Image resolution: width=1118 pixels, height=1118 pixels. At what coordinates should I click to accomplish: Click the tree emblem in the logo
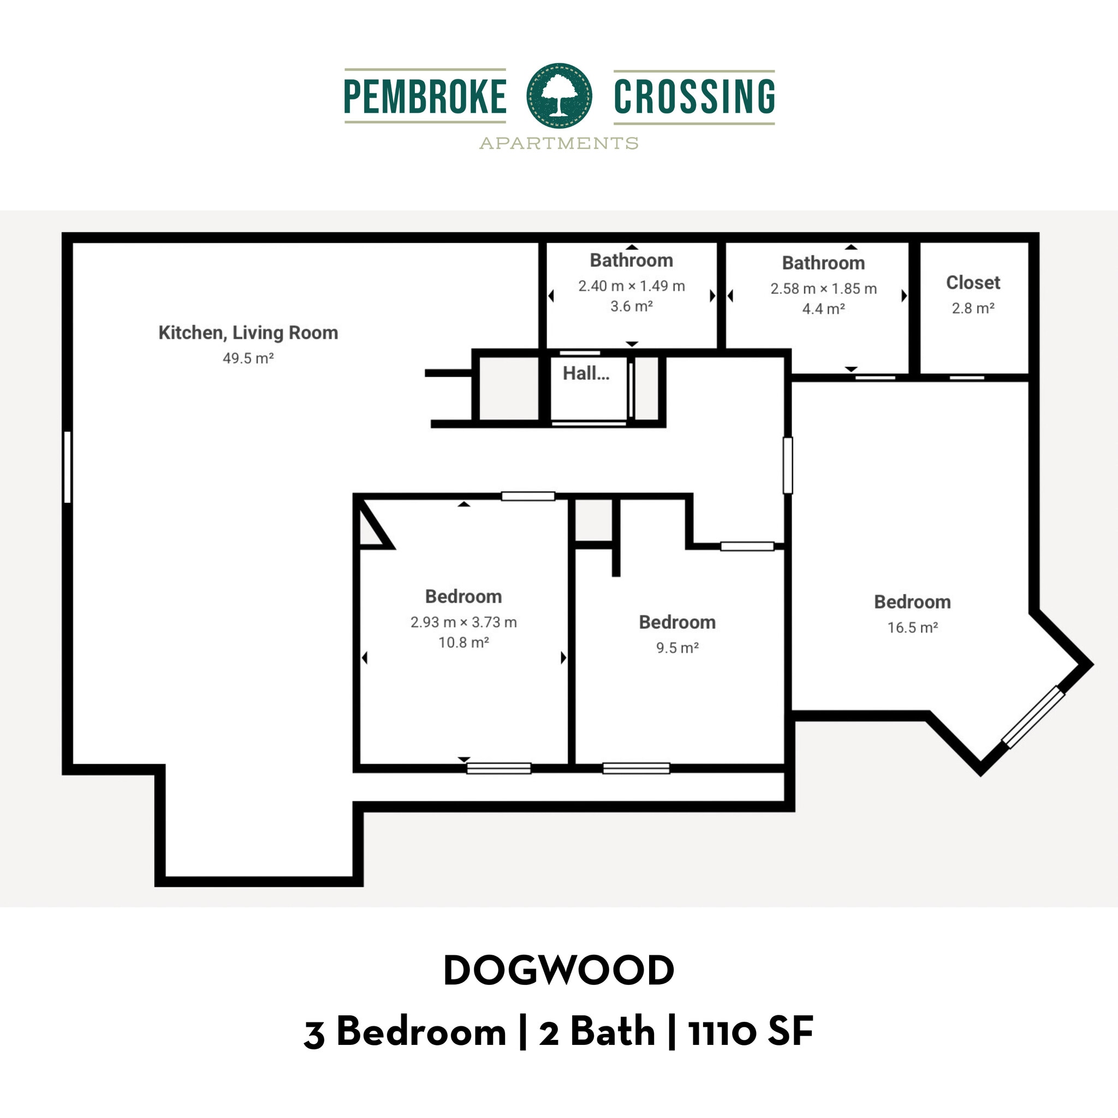[559, 96]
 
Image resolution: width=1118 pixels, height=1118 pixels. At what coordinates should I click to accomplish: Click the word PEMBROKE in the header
[425, 97]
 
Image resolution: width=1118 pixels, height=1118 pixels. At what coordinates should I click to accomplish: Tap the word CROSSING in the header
[694, 97]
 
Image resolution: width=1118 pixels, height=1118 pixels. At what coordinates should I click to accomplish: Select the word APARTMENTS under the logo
[559, 143]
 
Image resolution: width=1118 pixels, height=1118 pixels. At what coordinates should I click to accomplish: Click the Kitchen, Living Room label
[248, 333]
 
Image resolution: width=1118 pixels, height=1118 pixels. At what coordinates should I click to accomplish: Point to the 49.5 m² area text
[248, 358]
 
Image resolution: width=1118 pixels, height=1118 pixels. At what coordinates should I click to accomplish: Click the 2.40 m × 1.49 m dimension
[632, 286]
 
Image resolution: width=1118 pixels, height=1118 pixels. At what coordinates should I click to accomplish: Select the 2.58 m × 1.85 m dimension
[823, 289]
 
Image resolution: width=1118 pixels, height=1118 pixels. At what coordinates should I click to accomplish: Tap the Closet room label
[973, 282]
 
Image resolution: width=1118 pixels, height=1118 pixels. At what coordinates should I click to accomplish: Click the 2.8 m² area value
[973, 308]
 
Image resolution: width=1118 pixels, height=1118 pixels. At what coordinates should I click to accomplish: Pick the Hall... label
[586, 373]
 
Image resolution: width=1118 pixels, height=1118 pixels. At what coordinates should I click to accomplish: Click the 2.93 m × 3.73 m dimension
[463, 622]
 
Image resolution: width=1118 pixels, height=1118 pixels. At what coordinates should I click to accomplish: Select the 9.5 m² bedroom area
[677, 647]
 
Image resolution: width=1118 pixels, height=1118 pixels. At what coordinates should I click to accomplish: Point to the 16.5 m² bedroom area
[913, 627]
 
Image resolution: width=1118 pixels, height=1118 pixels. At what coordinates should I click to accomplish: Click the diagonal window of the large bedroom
[1033, 717]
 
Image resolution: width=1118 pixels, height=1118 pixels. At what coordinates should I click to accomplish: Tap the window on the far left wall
[67, 467]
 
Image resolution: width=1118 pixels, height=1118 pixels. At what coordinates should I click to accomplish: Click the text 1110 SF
[751, 1032]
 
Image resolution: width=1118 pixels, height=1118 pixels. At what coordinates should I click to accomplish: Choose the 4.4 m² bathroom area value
[823, 309]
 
